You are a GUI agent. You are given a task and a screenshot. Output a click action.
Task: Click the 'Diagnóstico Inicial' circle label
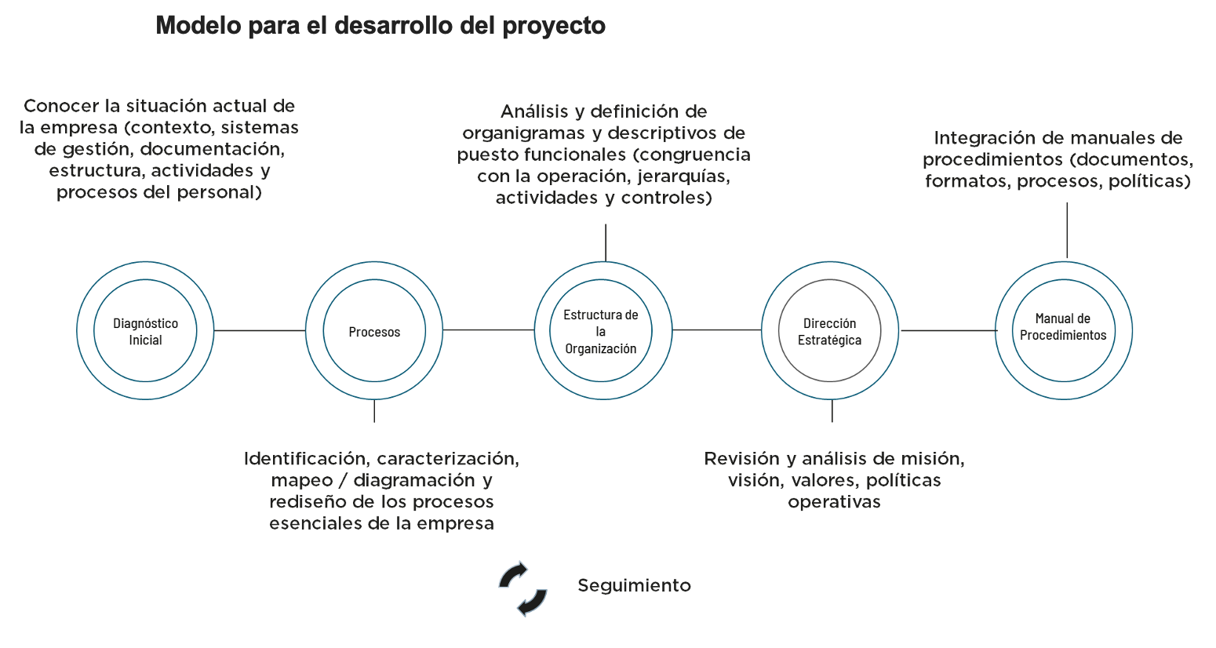click(145, 332)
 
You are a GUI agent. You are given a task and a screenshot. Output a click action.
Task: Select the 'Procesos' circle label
click(374, 332)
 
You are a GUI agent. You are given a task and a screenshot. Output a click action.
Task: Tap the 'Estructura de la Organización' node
click(601, 332)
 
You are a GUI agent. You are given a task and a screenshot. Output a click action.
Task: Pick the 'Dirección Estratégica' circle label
click(829, 332)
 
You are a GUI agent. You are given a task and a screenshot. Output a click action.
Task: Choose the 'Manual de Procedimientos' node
click(1063, 326)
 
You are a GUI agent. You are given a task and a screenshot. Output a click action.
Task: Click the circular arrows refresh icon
click(522, 588)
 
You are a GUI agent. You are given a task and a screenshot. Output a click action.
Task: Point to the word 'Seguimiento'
click(634, 585)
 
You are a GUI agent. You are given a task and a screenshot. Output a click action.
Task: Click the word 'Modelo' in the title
click(198, 26)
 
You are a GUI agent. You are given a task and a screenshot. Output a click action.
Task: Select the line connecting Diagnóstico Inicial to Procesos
click(260, 330)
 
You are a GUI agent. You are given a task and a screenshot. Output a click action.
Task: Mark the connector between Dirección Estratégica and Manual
click(948, 330)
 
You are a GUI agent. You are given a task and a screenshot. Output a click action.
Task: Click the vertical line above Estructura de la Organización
click(606, 242)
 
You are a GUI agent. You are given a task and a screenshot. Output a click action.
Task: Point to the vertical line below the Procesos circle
click(374, 411)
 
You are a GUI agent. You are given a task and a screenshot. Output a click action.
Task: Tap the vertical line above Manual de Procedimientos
click(1067, 230)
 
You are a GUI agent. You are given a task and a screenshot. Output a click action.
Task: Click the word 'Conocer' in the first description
click(61, 106)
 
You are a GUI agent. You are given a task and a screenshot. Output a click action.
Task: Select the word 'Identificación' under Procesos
click(307, 459)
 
